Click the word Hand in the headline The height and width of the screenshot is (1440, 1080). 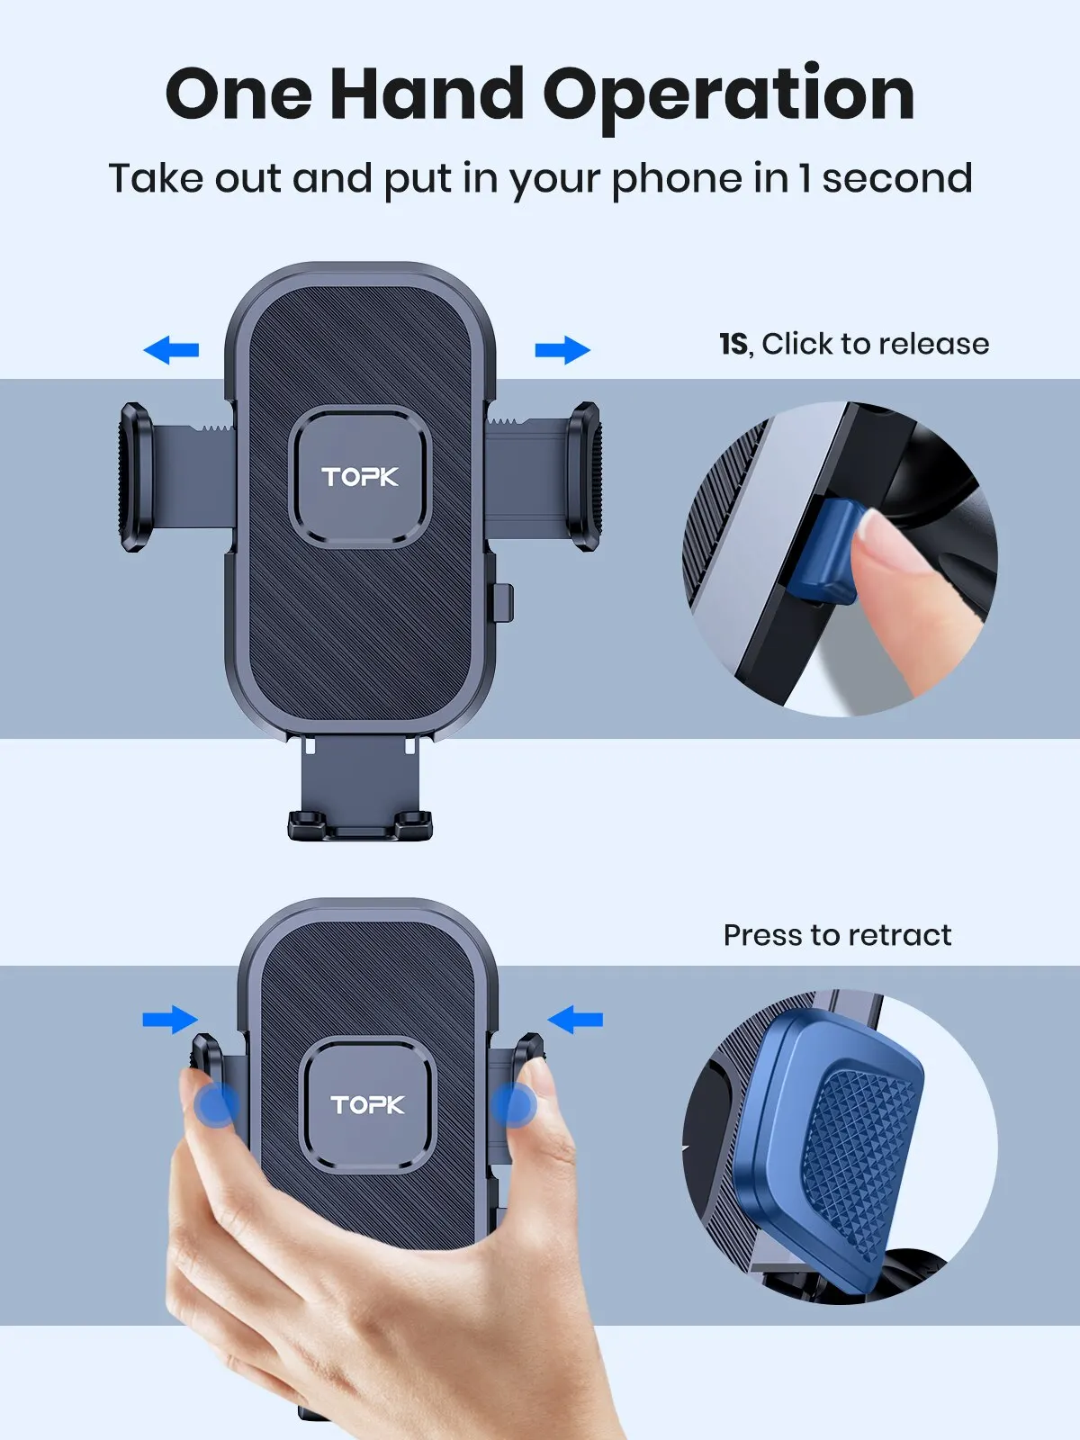(427, 94)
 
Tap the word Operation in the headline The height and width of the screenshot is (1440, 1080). (729, 95)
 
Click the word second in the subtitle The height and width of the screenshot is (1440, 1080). (896, 177)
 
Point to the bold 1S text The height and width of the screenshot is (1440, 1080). (733, 344)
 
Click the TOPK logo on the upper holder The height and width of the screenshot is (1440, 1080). (360, 477)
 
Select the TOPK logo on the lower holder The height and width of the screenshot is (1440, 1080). (367, 1104)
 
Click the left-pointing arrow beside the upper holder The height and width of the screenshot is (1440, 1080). (171, 349)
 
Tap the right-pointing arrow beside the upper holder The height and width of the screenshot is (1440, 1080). (562, 349)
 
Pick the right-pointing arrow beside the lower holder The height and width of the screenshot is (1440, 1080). (170, 1020)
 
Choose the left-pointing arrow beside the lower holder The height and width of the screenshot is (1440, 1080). (575, 1020)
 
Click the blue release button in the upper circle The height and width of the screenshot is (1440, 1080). (823, 551)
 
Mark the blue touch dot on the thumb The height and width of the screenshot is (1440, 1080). (216, 1105)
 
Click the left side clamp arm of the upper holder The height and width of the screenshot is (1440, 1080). (135, 477)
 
